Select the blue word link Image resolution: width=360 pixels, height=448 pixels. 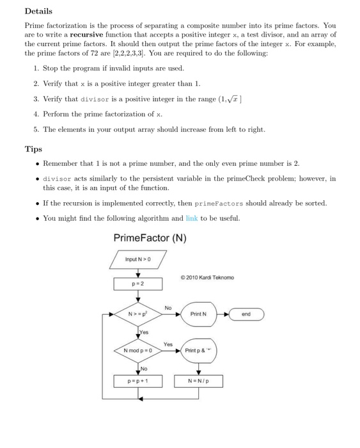pyautogui.click(x=191, y=219)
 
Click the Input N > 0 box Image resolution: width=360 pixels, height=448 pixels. pyautogui.click(x=139, y=259)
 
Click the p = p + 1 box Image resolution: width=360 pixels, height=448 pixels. pyautogui.click(x=139, y=381)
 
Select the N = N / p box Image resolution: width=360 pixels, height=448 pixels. pyautogui.click(x=199, y=381)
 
